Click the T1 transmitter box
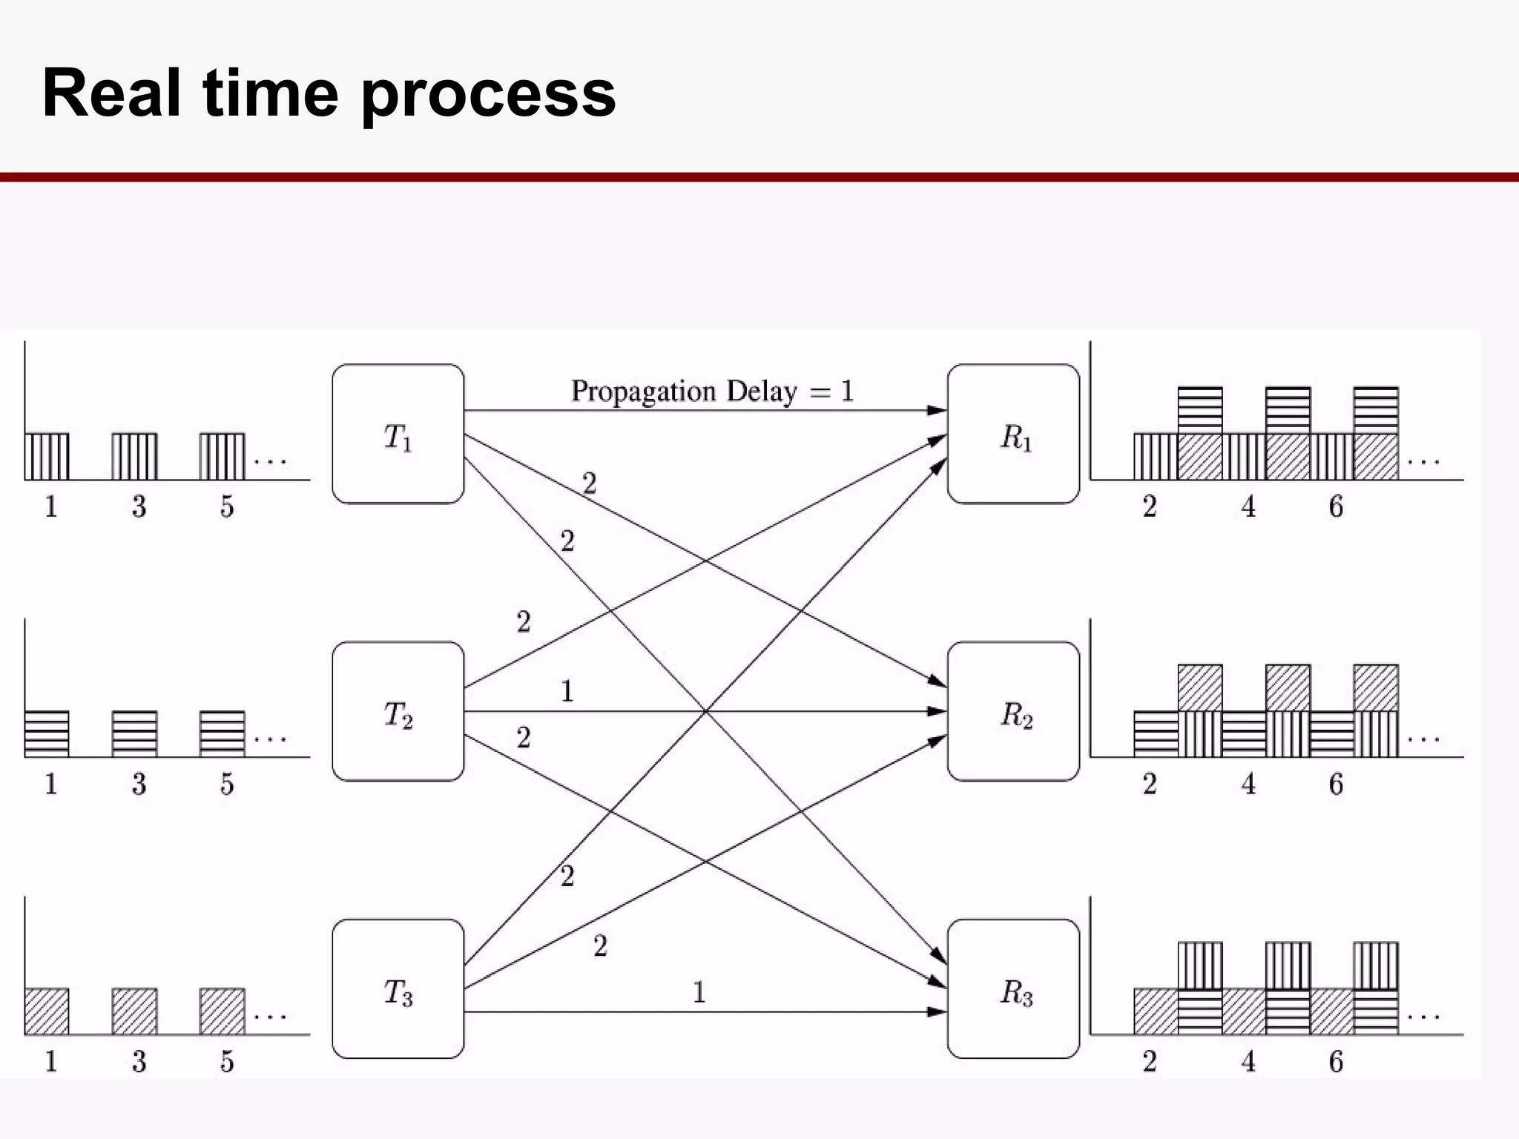[x=398, y=434]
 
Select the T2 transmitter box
[x=398, y=711]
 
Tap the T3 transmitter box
[x=398, y=988]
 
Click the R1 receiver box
[x=1013, y=434]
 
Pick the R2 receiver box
[x=1013, y=711]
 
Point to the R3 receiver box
[x=1013, y=988]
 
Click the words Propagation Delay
[x=684, y=391]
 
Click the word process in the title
[x=488, y=94]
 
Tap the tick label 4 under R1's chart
[x=1248, y=507]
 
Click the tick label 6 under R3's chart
[x=1336, y=1062]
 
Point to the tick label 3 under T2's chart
[x=139, y=785]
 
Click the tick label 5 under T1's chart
[x=227, y=507]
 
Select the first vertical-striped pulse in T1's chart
[x=47, y=457]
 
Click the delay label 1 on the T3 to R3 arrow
[x=699, y=992]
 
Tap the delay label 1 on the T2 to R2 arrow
[x=567, y=692]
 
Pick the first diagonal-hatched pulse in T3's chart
[x=47, y=1011]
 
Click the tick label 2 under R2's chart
[x=1150, y=785]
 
